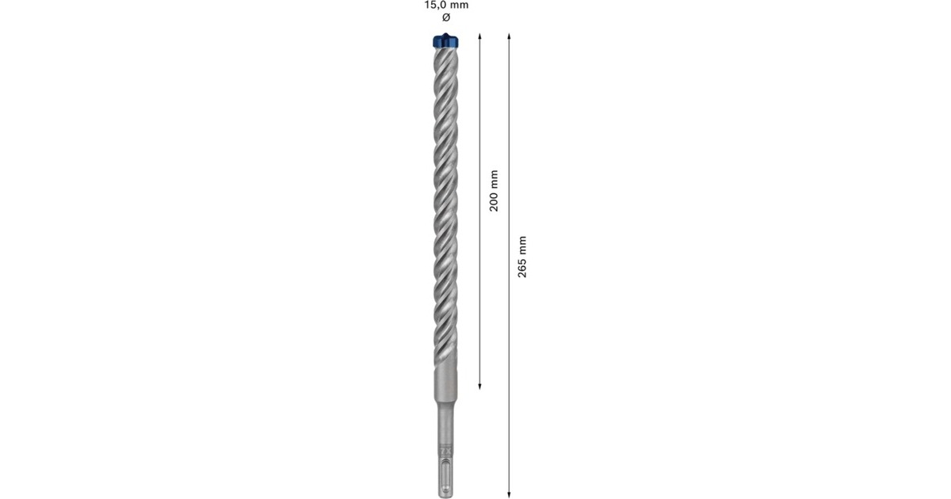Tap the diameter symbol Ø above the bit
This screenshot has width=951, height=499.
click(445, 17)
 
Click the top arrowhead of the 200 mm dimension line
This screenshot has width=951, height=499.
click(480, 36)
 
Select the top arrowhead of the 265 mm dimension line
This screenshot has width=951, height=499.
click(509, 36)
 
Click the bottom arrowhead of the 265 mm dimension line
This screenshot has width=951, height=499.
click(509, 491)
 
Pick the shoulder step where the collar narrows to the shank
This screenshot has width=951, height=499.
click(446, 410)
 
